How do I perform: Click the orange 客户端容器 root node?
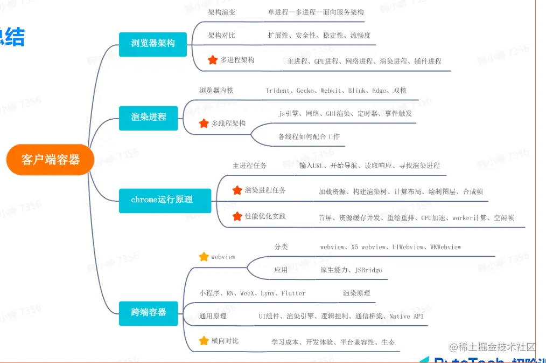tap(51, 160)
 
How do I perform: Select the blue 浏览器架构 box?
tap(153, 43)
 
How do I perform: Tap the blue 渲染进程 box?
tap(149, 117)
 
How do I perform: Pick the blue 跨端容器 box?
tap(149, 312)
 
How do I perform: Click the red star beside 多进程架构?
tap(213, 60)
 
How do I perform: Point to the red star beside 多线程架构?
tap(204, 124)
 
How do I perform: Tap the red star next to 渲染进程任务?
tap(237, 190)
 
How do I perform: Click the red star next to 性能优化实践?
tap(237, 216)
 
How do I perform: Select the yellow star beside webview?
tap(204, 257)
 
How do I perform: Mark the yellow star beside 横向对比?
tap(204, 341)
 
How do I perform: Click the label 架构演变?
tap(222, 12)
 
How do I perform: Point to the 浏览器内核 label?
tap(216, 90)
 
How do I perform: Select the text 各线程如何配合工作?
tap(309, 136)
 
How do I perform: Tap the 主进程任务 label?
tap(249, 166)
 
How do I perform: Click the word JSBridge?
tap(368, 270)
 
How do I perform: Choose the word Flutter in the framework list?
tap(293, 293)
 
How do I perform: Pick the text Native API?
tap(407, 316)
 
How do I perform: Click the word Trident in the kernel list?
tap(278, 91)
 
